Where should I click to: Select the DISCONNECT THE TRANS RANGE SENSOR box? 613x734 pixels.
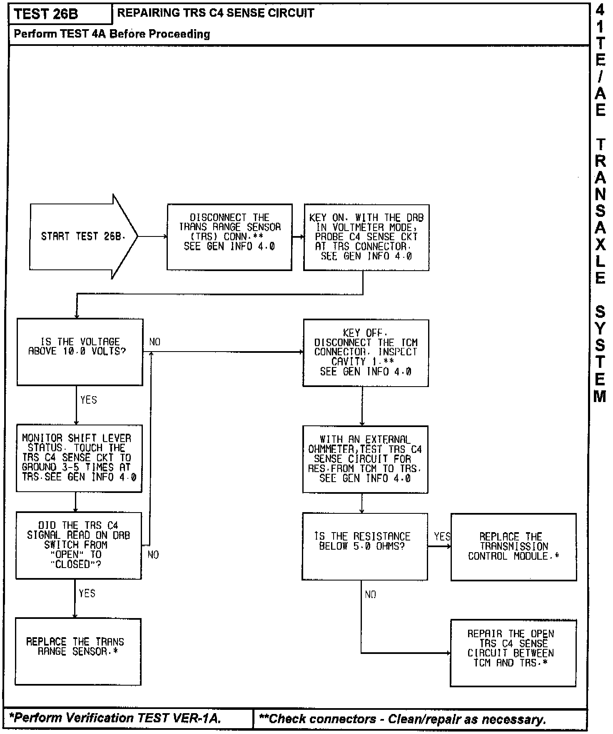point(229,237)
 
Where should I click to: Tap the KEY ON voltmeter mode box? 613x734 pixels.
point(366,237)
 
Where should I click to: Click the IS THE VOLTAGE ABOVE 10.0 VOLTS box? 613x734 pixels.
point(80,352)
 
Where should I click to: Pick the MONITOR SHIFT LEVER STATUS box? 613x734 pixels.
point(79,458)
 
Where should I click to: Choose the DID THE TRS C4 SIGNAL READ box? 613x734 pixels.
point(79,545)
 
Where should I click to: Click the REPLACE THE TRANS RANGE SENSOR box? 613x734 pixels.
point(78,651)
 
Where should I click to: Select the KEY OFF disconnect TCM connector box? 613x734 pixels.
point(366,352)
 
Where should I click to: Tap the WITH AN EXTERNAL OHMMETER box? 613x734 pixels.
point(365,459)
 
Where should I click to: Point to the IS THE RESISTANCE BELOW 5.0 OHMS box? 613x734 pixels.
point(364,546)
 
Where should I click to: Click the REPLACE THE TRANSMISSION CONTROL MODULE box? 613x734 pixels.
point(513,546)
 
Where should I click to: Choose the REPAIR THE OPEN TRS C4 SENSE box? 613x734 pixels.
point(513,652)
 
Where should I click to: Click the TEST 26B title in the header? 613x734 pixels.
point(46,14)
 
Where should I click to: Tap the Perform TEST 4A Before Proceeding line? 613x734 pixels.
point(112,34)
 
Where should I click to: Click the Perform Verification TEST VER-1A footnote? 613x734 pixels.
point(115,718)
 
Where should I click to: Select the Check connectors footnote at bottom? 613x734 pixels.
point(402,719)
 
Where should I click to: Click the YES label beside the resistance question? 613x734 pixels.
point(442,536)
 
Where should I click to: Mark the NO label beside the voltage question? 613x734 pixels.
point(154,342)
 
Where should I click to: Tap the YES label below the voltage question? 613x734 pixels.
point(88,400)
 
